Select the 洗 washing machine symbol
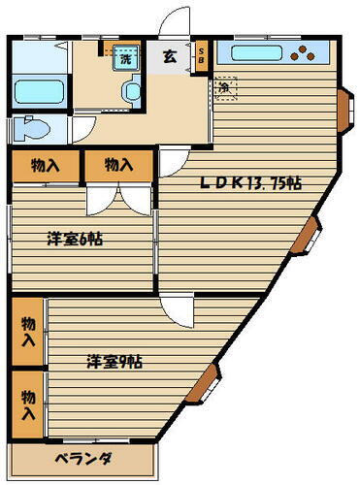click(125, 58)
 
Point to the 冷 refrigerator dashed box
click(224, 88)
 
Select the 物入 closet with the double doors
click(118, 165)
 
